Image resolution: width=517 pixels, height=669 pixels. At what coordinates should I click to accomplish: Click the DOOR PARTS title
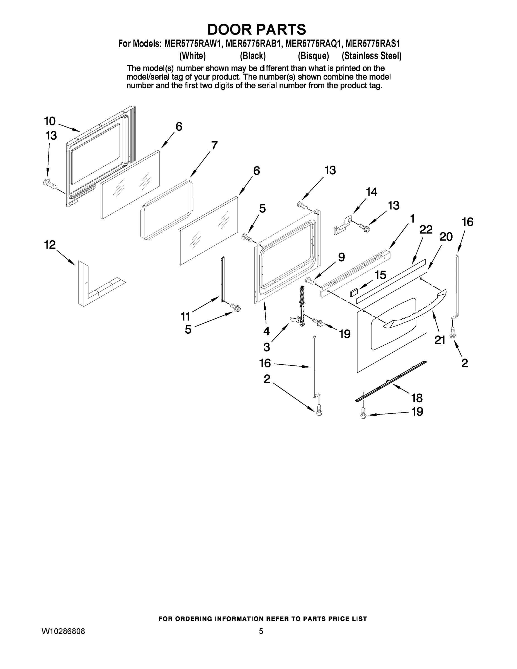(x=257, y=29)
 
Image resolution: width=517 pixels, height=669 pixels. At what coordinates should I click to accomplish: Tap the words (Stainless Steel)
(x=372, y=56)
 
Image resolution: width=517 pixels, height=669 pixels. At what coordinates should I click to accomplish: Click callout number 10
(x=50, y=121)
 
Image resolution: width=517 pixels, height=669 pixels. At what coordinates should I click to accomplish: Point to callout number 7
(x=214, y=145)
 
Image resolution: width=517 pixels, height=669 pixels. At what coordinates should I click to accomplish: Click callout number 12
(x=50, y=245)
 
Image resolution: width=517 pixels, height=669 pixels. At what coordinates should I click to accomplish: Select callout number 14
(x=372, y=192)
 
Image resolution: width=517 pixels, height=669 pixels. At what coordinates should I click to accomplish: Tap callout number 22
(x=426, y=229)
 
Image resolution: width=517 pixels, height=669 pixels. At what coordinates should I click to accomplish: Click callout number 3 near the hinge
(x=266, y=347)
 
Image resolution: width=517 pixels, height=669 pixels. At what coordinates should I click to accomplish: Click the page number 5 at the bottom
(x=261, y=631)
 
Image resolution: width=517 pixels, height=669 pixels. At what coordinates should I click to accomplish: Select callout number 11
(x=186, y=316)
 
